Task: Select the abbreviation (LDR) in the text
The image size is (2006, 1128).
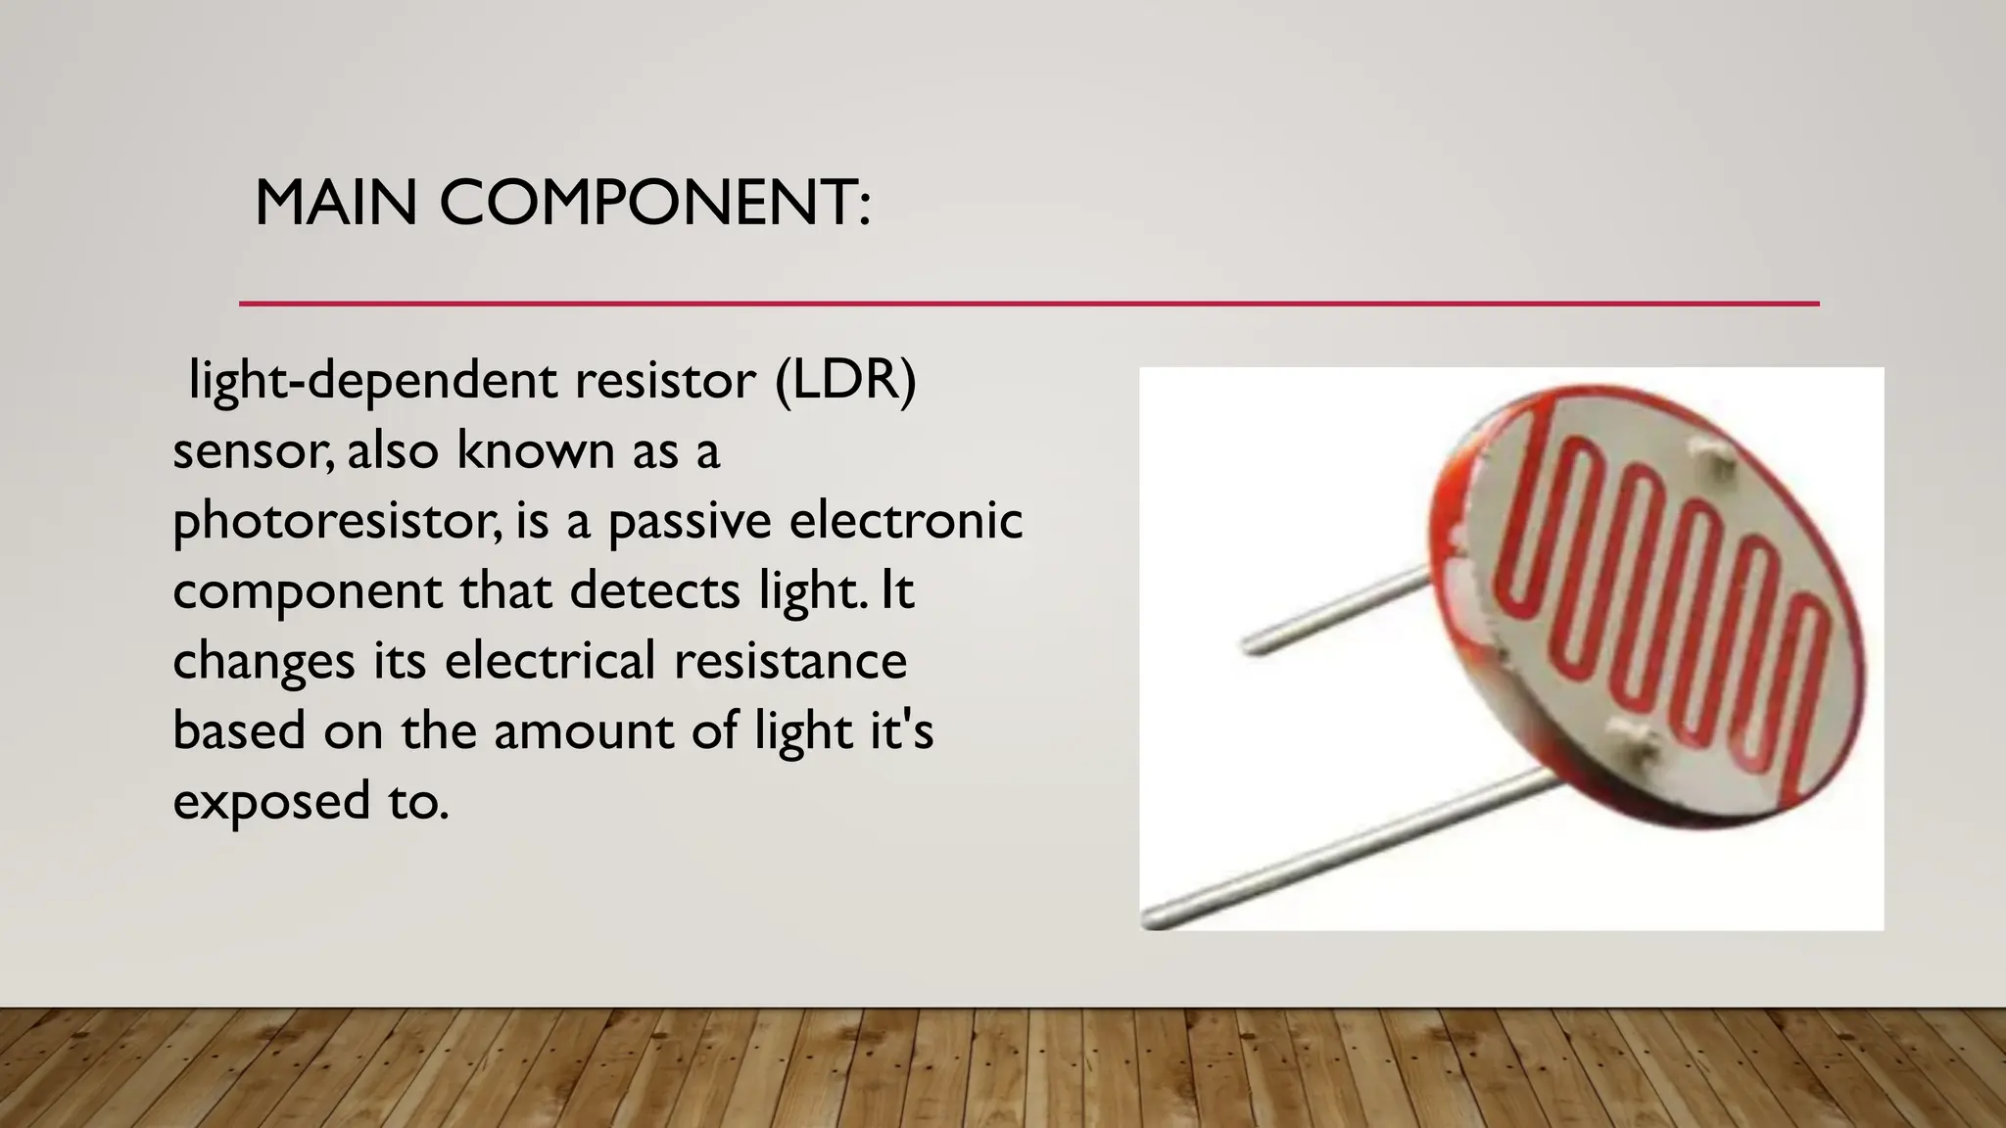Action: coord(845,380)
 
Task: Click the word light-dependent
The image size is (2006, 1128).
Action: coord(373,382)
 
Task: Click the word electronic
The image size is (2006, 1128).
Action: coord(906,520)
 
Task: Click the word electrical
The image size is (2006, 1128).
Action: coord(549,660)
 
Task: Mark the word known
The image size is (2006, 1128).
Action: coord(519,450)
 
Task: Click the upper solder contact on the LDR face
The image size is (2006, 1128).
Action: coord(1717,458)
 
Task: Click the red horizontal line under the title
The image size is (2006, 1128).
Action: coord(1028,304)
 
